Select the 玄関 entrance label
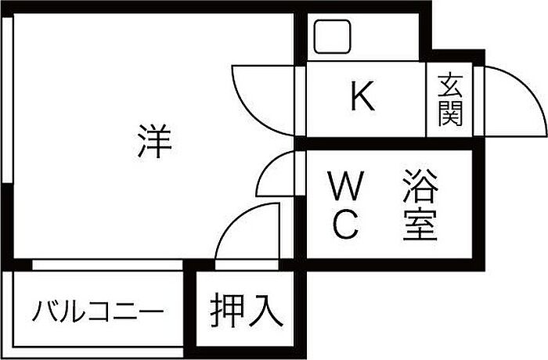[x=449, y=99]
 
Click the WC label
[x=345, y=207]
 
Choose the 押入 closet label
[x=245, y=311]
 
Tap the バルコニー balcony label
[x=98, y=313]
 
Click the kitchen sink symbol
[x=333, y=36]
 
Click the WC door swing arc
[x=276, y=174]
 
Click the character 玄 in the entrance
[x=449, y=84]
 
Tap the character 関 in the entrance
[x=449, y=114]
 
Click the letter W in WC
[x=345, y=188]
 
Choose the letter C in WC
[x=345, y=225]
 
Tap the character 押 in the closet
[x=227, y=311]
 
